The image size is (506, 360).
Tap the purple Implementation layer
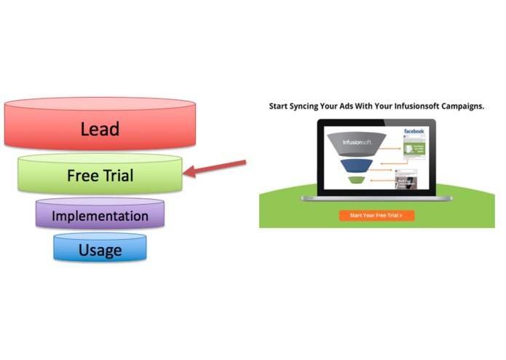click(x=100, y=216)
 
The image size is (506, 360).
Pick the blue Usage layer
click(x=100, y=250)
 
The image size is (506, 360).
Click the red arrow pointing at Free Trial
click(x=216, y=167)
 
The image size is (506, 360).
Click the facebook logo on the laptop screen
click(x=414, y=131)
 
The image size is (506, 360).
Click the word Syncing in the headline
click(x=309, y=106)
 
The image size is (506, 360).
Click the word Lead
click(x=100, y=130)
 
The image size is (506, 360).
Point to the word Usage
click(x=100, y=251)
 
